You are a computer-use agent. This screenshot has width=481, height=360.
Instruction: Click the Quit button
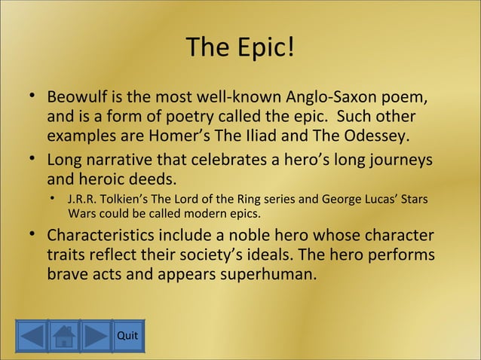tap(127, 336)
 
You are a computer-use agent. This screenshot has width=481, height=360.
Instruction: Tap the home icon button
tap(64, 336)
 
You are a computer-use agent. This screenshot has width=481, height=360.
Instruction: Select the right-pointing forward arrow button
tap(96, 336)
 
